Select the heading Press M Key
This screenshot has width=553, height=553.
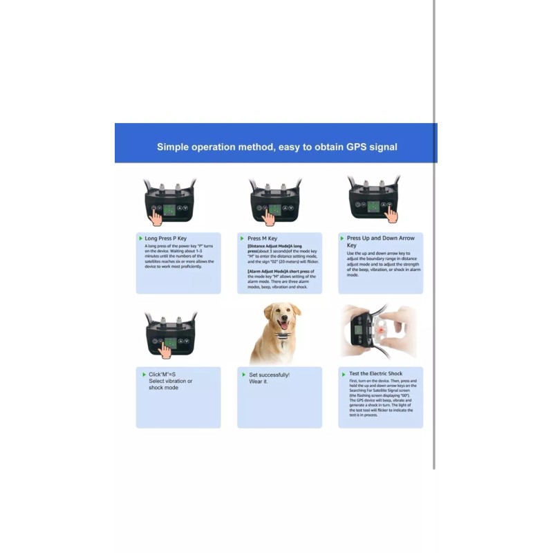(262, 238)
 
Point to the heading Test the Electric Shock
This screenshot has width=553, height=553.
(375, 373)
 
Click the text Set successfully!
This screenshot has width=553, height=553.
(269, 375)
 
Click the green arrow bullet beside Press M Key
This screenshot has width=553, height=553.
(242, 238)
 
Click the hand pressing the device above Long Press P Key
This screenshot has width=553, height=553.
(158, 218)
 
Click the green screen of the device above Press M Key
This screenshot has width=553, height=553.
(274, 208)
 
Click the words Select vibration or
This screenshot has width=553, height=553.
(171, 381)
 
